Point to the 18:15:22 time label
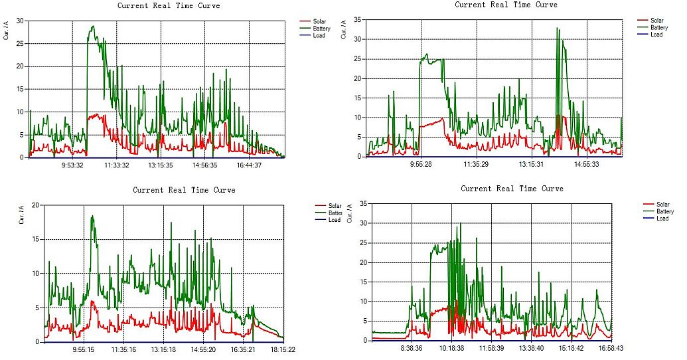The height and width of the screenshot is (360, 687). pyautogui.click(x=283, y=349)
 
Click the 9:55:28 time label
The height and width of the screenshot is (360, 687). pyautogui.click(x=421, y=163)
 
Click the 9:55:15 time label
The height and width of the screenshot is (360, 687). pyautogui.click(x=83, y=349)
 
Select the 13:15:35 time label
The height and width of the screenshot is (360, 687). pyautogui.click(x=161, y=165)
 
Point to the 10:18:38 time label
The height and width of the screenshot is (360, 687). pyautogui.click(x=451, y=347)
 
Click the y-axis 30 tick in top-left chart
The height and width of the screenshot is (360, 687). pyautogui.click(x=21, y=21)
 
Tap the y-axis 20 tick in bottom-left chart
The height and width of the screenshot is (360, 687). pyautogui.click(x=36, y=205)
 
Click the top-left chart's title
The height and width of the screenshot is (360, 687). pyautogui.click(x=169, y=6)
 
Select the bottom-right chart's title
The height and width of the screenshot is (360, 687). pyautogui.click(x=512, y=189)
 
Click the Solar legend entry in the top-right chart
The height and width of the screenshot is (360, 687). pyautogui.click(x=656, y=21)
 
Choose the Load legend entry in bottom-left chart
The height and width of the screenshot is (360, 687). pyautogui.click(x=335, y=220)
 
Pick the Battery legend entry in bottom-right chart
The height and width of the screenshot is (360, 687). pyautogui.click(x=664, y=211)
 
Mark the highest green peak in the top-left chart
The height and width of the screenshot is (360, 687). pyautogui.click(x=93, y=27)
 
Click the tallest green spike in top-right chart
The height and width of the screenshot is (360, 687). pyautogui.click(x=558, y=28)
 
